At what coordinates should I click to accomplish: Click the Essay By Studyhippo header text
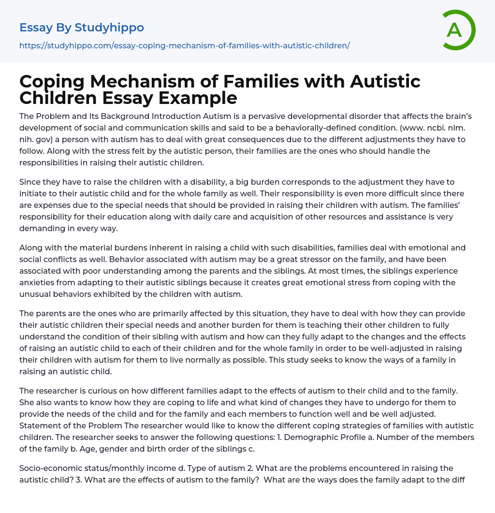pos(82,28)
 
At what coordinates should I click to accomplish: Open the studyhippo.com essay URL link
pos(184,45)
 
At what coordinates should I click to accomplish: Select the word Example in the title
pos(200,98)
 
